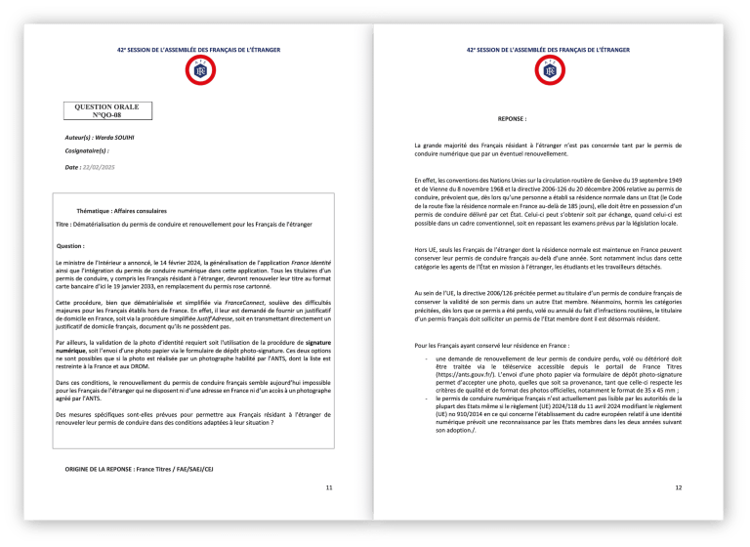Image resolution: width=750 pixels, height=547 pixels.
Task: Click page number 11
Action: [328, 486]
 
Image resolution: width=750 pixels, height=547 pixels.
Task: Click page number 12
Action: [678, 486]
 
